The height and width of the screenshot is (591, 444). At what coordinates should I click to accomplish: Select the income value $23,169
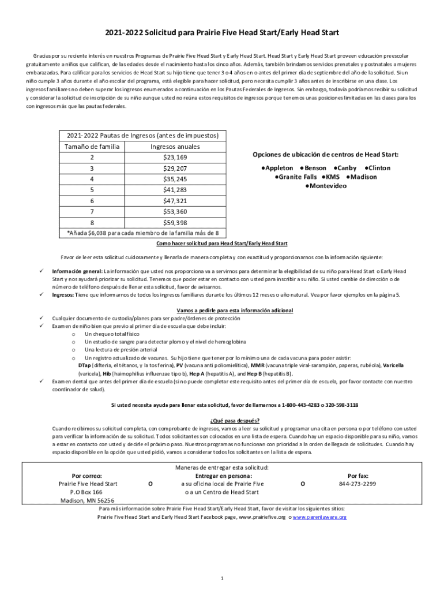(175, 158)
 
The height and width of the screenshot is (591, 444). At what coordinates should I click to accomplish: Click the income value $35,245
(175, 179)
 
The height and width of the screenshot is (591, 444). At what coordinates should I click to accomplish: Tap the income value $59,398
(175, 223)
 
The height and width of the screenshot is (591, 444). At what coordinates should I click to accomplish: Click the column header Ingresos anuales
(175, 147)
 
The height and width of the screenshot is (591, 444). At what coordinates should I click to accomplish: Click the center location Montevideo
(326, 186)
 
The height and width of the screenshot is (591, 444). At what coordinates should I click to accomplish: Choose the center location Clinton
(377, 168)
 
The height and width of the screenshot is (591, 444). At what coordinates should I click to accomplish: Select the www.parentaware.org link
(320, 517)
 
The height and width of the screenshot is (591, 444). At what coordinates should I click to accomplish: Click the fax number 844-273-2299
(358, 484)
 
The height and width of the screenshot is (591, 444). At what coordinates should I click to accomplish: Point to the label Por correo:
(88, 476)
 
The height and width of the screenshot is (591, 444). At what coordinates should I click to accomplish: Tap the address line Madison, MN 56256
(88, 500)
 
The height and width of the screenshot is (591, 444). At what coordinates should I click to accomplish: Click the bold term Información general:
(77, 271)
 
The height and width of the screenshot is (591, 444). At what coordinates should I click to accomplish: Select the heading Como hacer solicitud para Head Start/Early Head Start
(222, 244)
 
